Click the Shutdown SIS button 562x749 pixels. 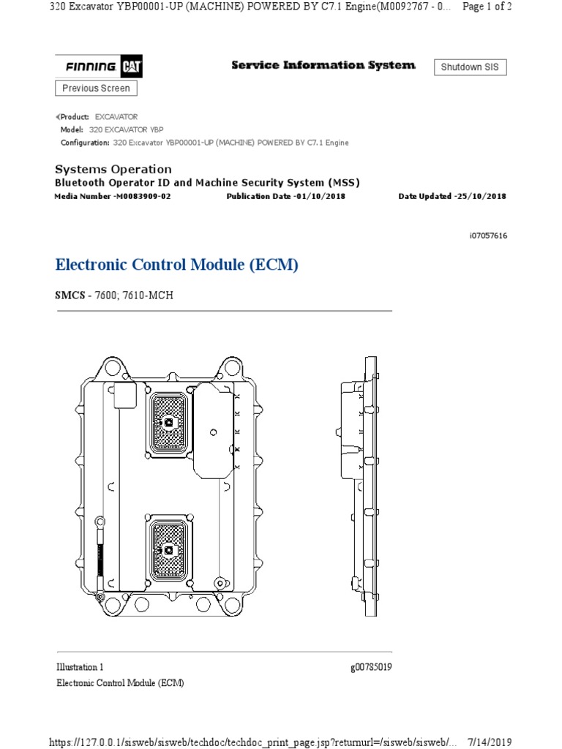(x=471, y=67)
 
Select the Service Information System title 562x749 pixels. (x=323, y=65)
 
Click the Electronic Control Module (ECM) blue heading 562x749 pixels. (x=177, y=265)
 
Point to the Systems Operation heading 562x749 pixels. (x=113, y=169)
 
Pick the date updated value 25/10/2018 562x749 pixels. (x=480, y=197)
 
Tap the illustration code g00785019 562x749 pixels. (x=372, y=667)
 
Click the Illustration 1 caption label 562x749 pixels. (x=80, y=667)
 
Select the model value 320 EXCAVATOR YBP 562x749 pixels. (x=127, y=129)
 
